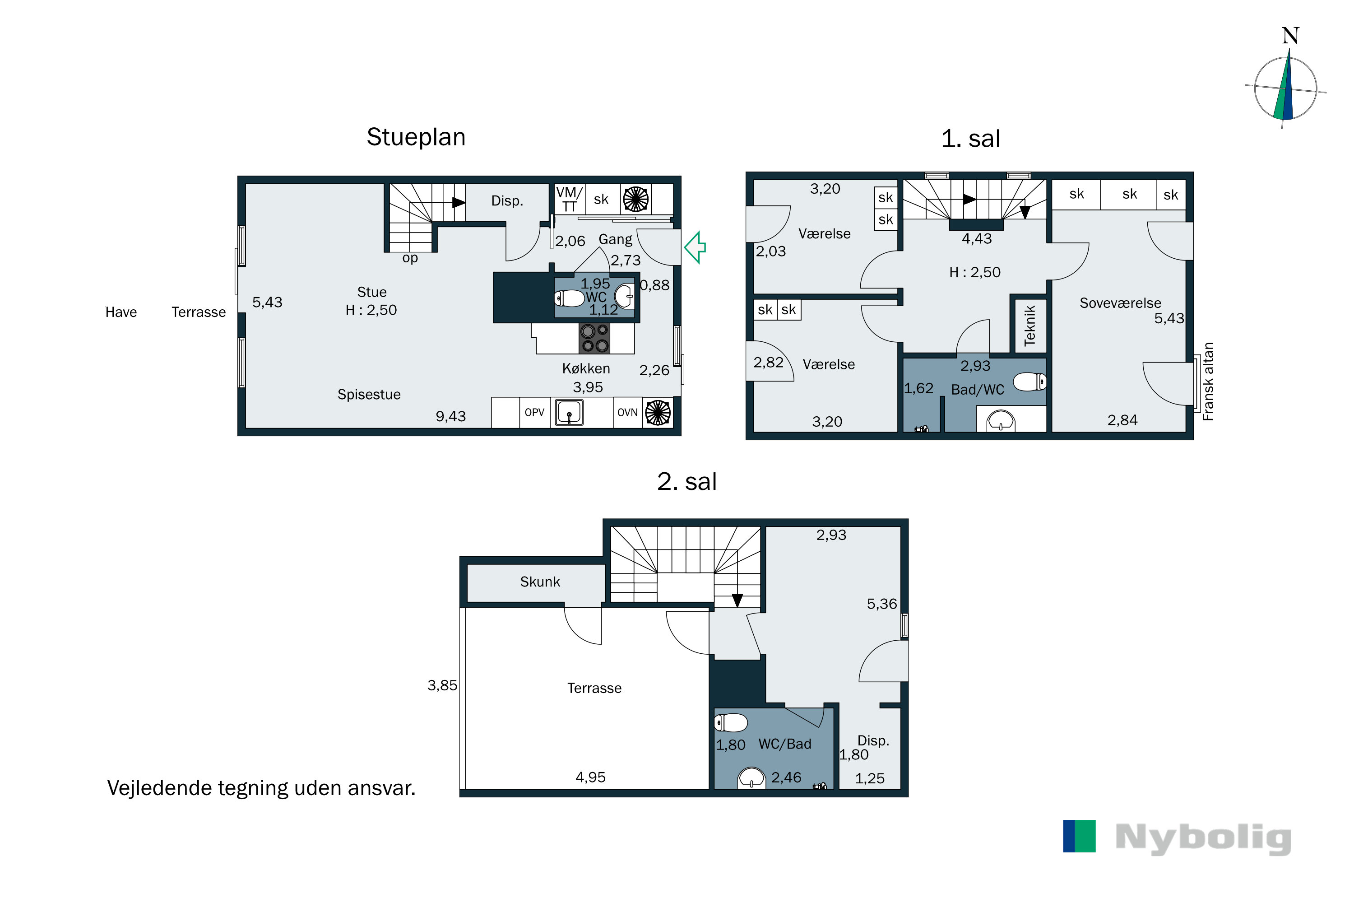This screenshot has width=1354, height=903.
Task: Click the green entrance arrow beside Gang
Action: pos(695,247)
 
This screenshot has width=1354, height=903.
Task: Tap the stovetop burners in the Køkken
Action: pos(594,338)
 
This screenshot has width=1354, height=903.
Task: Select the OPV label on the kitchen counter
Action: pos(534,412)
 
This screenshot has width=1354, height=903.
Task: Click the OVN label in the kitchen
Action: pos(627,412)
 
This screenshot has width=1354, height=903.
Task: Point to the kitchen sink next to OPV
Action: pos(569,412)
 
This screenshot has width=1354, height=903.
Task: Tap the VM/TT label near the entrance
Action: pos(569,199)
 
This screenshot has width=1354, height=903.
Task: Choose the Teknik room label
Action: pos(1029,326)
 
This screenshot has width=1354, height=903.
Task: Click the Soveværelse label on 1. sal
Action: pos(1120,303)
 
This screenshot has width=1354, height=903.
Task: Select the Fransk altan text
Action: pos(1208,381)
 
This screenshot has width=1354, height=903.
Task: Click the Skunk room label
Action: pos(539,582)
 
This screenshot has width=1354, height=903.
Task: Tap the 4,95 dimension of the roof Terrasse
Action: pos(591,777)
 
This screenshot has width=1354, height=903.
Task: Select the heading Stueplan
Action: pos(416,137)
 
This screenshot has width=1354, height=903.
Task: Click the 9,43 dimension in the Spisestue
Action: pos(451,416)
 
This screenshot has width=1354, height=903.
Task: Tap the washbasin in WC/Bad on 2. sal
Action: pos(751,778)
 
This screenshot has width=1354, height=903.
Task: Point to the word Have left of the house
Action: pos(121,312)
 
